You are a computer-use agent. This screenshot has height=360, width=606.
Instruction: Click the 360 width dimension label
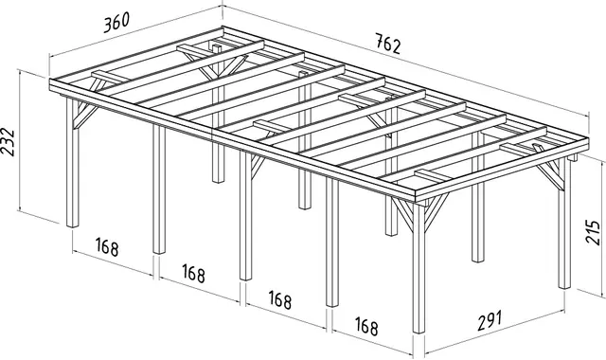click(x=116, y=23)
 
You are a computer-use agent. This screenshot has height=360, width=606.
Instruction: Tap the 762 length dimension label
click(x=388, y=44)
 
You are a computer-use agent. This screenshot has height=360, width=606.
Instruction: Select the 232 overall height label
click(x=8, y=142)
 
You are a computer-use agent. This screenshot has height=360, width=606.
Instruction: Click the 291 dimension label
click(x=490, y=320)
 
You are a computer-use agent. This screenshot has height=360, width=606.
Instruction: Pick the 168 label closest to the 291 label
click(x=366, y=326)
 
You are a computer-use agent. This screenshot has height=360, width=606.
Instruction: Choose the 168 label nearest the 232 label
click(x=107, y=246)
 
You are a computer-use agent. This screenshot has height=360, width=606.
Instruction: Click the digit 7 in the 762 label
click(x=380, y=40)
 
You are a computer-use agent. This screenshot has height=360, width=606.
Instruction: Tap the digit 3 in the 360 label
click(x=107, y=26)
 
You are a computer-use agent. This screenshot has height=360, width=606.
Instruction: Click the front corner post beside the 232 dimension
click(x=72, y=162)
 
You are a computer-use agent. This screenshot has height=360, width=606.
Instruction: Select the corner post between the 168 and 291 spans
click(x=419, y=267)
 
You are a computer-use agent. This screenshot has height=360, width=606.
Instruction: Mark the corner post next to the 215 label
click(x=564, y=224)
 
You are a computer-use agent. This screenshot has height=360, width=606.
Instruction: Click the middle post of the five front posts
click(x=245, y=216)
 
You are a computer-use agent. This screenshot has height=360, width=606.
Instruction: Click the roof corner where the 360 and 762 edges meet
click(x=223, y=27)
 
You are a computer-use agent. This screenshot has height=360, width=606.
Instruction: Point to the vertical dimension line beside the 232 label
click(x=18, y=140)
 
